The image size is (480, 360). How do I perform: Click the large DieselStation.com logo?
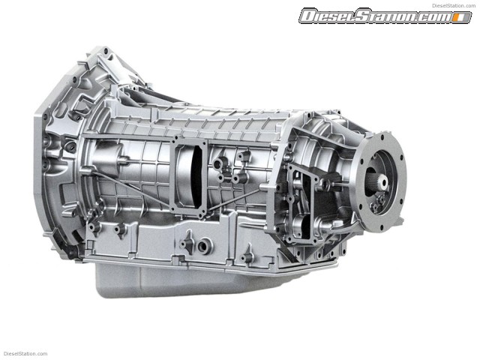[x=385, y=15]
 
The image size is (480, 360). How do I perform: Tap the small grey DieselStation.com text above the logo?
[x=454, y=5]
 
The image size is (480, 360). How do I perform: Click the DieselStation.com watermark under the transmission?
[x=25, y=353]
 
